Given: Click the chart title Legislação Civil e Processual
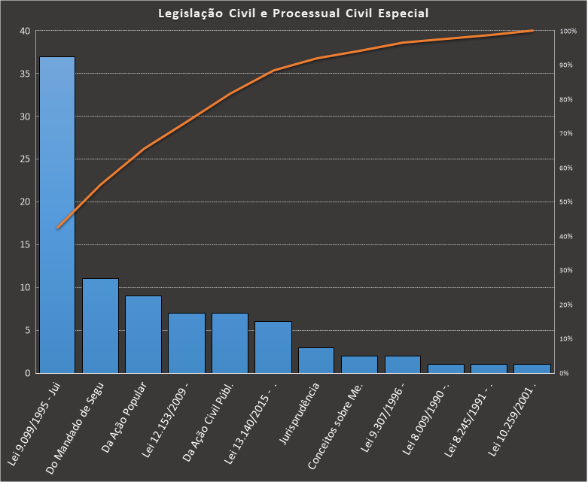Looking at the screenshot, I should coord(294,13).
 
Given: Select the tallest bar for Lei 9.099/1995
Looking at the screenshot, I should coord(57,214).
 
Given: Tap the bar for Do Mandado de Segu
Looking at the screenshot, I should coord(100,326).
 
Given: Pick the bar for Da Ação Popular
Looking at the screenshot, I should coord(143,335).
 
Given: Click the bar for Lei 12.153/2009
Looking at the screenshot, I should coord(187,343).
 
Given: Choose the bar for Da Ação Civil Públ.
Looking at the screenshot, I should coord(230,343).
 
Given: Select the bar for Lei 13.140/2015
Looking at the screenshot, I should coord(273,347).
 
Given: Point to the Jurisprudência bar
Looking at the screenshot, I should coord(316,360).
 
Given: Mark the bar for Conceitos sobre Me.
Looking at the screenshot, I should coord(359,365).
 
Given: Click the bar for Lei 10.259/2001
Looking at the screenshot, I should coord(532,368).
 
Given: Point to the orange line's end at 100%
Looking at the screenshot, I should coord(532,31).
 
